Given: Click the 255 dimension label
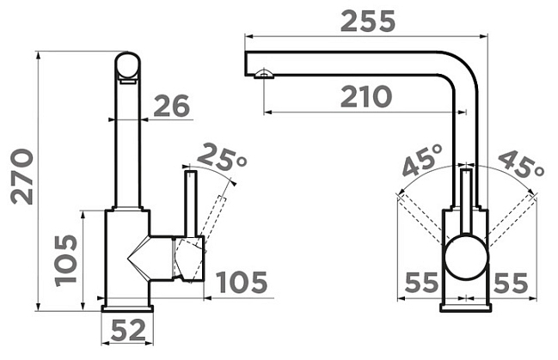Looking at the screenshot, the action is (x=368, y=21).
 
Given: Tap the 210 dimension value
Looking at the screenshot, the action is (x=366, y=96).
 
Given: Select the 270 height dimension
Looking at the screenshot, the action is (x=22, y=177).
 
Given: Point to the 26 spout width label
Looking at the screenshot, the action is (x=171, y=106).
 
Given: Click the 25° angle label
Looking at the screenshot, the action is (x=221, y=157).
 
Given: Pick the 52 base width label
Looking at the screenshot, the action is (x=128, y=330).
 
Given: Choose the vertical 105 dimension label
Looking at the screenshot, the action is (x=66, y=260).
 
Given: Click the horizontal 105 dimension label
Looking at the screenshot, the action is (x=242, y=283).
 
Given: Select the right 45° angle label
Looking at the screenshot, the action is (x=522, y=163).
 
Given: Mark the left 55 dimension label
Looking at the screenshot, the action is (x=421, y=283).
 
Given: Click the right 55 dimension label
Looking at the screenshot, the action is (x=511, y=283).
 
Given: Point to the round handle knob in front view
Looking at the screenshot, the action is (x=466, y=256).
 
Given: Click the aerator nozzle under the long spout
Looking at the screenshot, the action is (x=264, y=73).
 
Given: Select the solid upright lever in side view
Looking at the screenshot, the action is (x=190, y=204).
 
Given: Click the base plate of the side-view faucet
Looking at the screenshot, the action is (x=127, y=308).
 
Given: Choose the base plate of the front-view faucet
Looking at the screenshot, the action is (x=466, y=308).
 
